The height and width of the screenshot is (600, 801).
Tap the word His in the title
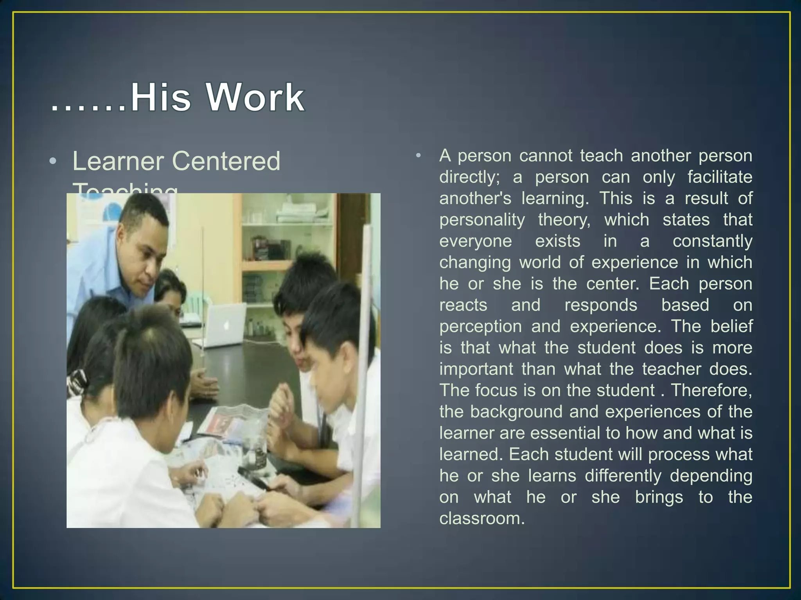[x=161, y=98]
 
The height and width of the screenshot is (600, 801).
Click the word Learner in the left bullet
[x=118, y=161]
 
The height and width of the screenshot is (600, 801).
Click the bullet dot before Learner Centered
[x=53, y=162]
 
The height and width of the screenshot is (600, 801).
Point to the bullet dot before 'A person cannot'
[x=418, y=156]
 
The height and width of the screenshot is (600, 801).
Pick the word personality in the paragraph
[x=482, y=220]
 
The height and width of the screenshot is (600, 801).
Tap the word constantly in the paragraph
[x=712, y=241]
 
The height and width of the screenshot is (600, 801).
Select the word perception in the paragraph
[x=480, y=327]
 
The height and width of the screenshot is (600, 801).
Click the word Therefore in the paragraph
[x=711, y=390]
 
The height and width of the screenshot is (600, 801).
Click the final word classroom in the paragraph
[x=481, y=518]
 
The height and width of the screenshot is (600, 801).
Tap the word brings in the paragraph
[x=659, y=497]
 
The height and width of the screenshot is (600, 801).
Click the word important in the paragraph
[x=476, y=369]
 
